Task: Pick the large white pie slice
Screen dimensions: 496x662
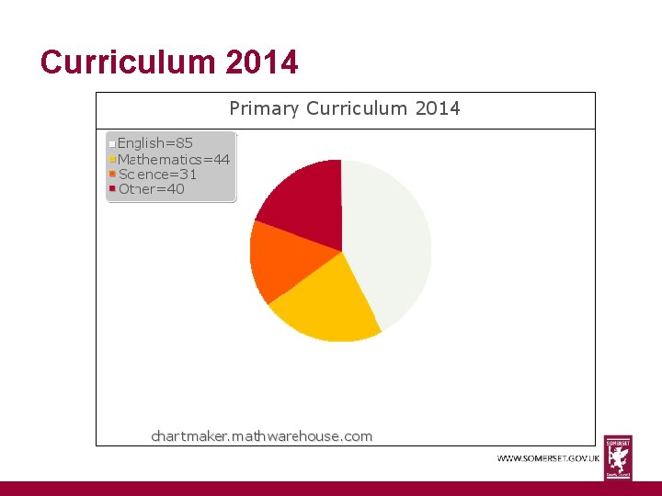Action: (386, 239)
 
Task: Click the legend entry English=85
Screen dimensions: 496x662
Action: (155, 142)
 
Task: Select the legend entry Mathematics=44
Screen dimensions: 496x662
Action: (174, 158)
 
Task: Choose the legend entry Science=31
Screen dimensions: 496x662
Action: (157, 174)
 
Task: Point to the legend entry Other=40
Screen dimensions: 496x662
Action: (151, 189)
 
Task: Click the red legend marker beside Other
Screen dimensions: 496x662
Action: (112, 188)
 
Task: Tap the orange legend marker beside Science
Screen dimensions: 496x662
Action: (112, 174)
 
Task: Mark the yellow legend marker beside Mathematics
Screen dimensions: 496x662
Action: (112, 158)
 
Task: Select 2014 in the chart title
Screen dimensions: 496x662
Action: (438, 109)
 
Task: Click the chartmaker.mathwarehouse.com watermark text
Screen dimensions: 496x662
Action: (262, 436)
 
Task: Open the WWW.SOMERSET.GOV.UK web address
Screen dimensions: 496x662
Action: (549, 457)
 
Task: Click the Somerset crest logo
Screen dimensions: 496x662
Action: (618, 457)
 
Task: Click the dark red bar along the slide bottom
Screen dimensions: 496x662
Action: (331, 489)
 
